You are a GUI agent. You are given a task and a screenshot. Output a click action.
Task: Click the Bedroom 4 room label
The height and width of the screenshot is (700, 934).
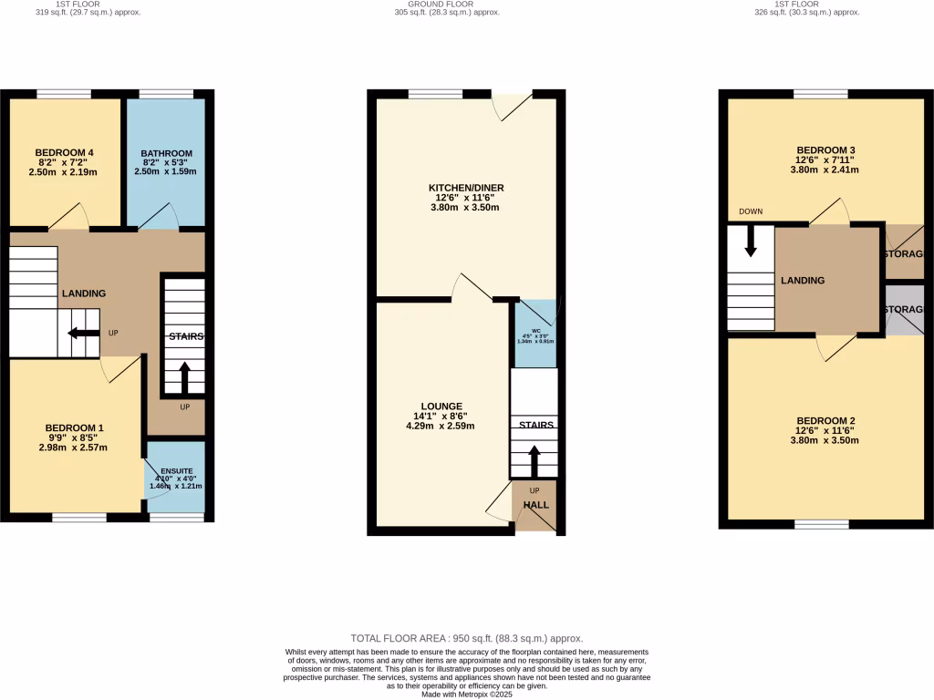tap(65, 152)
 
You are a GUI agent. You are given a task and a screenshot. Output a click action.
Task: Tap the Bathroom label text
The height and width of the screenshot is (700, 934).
tap(166, 153)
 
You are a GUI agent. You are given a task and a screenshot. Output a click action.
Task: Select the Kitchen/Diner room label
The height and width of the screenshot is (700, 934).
tap(466, 188)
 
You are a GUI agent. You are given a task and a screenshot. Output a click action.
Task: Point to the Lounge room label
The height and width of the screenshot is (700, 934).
tap(441, 407)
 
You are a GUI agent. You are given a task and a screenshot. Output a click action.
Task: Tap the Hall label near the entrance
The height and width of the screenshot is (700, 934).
tap(534, 504)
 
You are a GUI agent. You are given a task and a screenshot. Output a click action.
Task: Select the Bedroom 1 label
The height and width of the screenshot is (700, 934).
tap(75, 427)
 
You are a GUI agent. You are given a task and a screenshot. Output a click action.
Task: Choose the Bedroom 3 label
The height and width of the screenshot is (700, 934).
tap(825, 149)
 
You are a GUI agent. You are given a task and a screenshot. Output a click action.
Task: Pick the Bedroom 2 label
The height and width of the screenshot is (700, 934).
tap(825, 421)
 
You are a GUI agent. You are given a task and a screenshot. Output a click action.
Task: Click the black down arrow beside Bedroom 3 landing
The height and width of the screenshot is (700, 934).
tap(751, 242)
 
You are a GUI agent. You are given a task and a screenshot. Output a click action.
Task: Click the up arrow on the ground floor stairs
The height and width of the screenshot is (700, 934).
tap(534, 461)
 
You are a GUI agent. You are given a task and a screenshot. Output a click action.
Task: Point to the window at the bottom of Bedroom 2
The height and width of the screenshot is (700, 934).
tap(821, 524)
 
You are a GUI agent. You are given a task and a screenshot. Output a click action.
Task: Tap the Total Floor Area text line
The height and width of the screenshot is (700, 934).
tap(466, 638)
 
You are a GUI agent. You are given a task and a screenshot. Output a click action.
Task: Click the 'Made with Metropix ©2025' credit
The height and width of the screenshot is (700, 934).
tap(466, 695)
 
